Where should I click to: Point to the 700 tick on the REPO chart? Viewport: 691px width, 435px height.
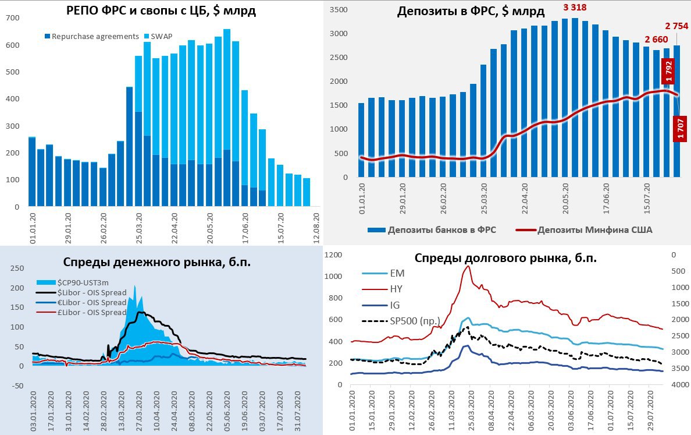(12, 19)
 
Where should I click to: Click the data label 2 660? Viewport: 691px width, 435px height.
(656, 40)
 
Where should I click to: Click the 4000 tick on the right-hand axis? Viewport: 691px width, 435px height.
(678, 385)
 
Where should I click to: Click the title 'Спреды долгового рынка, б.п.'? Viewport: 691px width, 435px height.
(505, 258)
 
